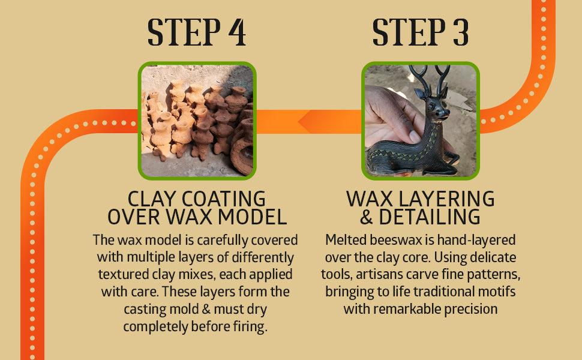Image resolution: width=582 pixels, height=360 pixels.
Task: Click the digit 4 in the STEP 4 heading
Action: pos(237,32)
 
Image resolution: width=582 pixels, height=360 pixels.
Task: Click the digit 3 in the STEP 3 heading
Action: pos(461,32)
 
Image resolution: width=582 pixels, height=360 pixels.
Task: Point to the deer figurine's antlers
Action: pos(429,79)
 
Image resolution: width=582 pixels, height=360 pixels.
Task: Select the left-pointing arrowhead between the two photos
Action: pos(308,121)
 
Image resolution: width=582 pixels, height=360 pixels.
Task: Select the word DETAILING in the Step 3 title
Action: pos(430,217)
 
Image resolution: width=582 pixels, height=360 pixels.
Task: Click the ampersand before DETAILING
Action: pos(367,217)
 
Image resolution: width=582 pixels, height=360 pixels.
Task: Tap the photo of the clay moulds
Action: pos(197,121)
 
